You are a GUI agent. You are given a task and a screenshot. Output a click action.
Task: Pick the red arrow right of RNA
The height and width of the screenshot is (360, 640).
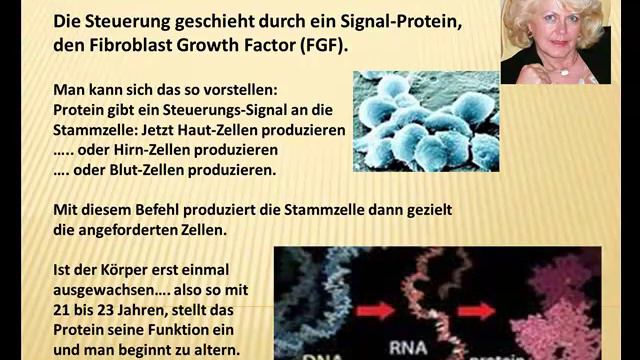point(477,310)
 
